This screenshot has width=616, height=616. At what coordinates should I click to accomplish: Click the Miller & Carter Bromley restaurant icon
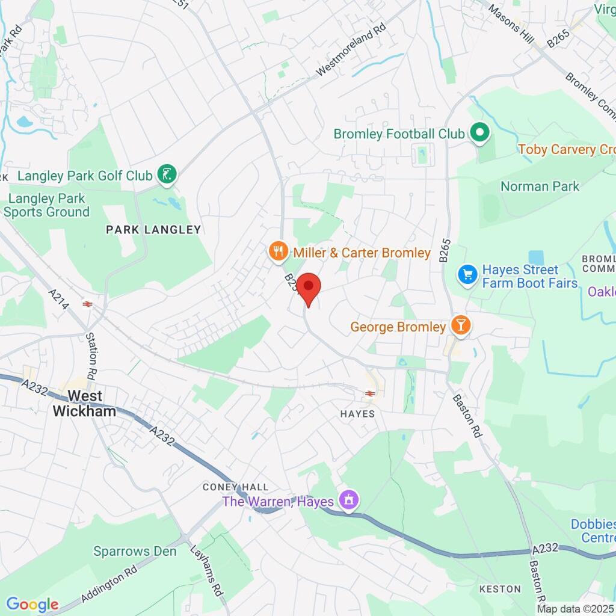[x=277, y=252]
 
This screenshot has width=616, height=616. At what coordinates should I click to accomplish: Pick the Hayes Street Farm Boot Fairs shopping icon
[x=467, y=274]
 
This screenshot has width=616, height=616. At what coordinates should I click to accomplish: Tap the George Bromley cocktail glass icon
[x=461, y=326]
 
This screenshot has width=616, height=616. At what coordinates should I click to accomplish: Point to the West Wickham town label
[x=85, y=403]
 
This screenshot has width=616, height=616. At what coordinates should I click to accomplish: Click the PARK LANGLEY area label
[x=153, y=229]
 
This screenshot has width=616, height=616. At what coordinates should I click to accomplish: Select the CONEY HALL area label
[x=236, y=486]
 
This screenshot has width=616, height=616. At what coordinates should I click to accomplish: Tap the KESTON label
[x=500, y=588]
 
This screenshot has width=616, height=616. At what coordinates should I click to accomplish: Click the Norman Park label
[x=540, y=186]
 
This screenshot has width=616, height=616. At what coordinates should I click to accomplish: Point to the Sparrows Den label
[x=135, y=551]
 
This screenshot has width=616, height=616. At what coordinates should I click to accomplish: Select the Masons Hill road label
[x=511, y=23]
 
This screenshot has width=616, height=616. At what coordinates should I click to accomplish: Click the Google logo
[x=32, y=604]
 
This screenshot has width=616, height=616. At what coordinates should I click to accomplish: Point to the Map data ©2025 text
[x=575, y=609]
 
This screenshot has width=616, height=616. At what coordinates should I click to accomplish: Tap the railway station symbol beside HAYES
[x=369, y=393]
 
